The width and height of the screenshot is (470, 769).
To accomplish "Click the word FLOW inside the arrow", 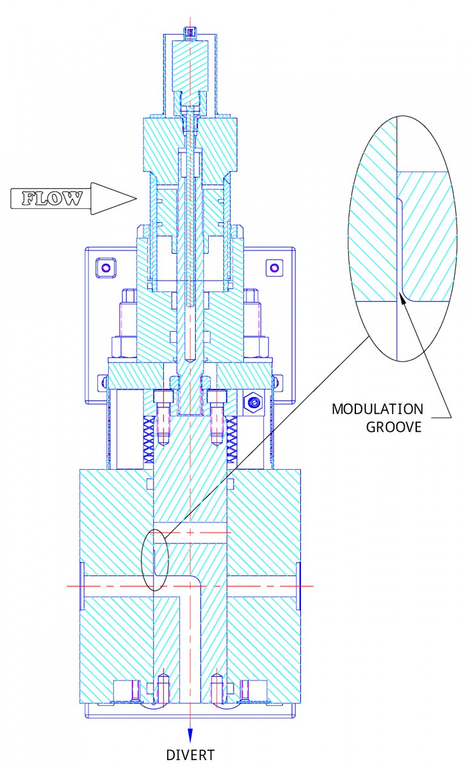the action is [52, 199].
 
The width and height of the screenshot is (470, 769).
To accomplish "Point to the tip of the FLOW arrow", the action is [136, 199].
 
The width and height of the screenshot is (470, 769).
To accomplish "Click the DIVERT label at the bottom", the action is [190, 755].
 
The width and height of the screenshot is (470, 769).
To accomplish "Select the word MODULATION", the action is [377, 409].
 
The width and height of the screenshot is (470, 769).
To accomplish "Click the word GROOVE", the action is [394, 427].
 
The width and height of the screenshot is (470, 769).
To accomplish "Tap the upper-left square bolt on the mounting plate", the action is [105, 267].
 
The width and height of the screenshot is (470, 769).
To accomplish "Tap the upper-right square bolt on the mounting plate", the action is [275, 267].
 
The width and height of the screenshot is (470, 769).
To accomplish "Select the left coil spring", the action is [149, 439].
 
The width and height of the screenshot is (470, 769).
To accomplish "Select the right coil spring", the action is [232, 439].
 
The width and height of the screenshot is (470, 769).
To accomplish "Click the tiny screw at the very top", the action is [190, 31].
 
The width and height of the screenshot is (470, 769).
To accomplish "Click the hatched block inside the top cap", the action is [190, 65].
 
